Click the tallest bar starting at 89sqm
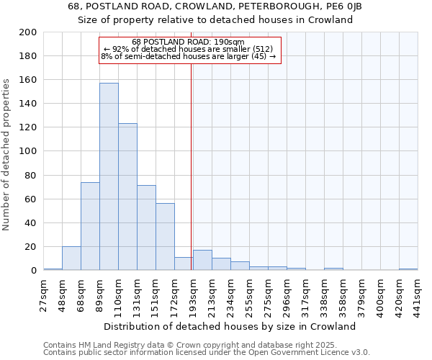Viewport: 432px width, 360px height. (109, 176)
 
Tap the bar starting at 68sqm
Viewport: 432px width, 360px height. (90, 226)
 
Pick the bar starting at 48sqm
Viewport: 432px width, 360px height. (71, 258)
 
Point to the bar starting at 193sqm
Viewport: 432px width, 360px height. (202, 260)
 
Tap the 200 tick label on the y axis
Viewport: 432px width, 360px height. (29, 32)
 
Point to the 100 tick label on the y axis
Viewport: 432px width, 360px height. (29, 151)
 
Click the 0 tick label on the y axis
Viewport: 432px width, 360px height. (34, 270)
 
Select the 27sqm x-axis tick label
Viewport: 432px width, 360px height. (44, 294)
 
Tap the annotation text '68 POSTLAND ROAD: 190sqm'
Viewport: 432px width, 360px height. (189, 42)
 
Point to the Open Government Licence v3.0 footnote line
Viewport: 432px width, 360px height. (207, 352)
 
